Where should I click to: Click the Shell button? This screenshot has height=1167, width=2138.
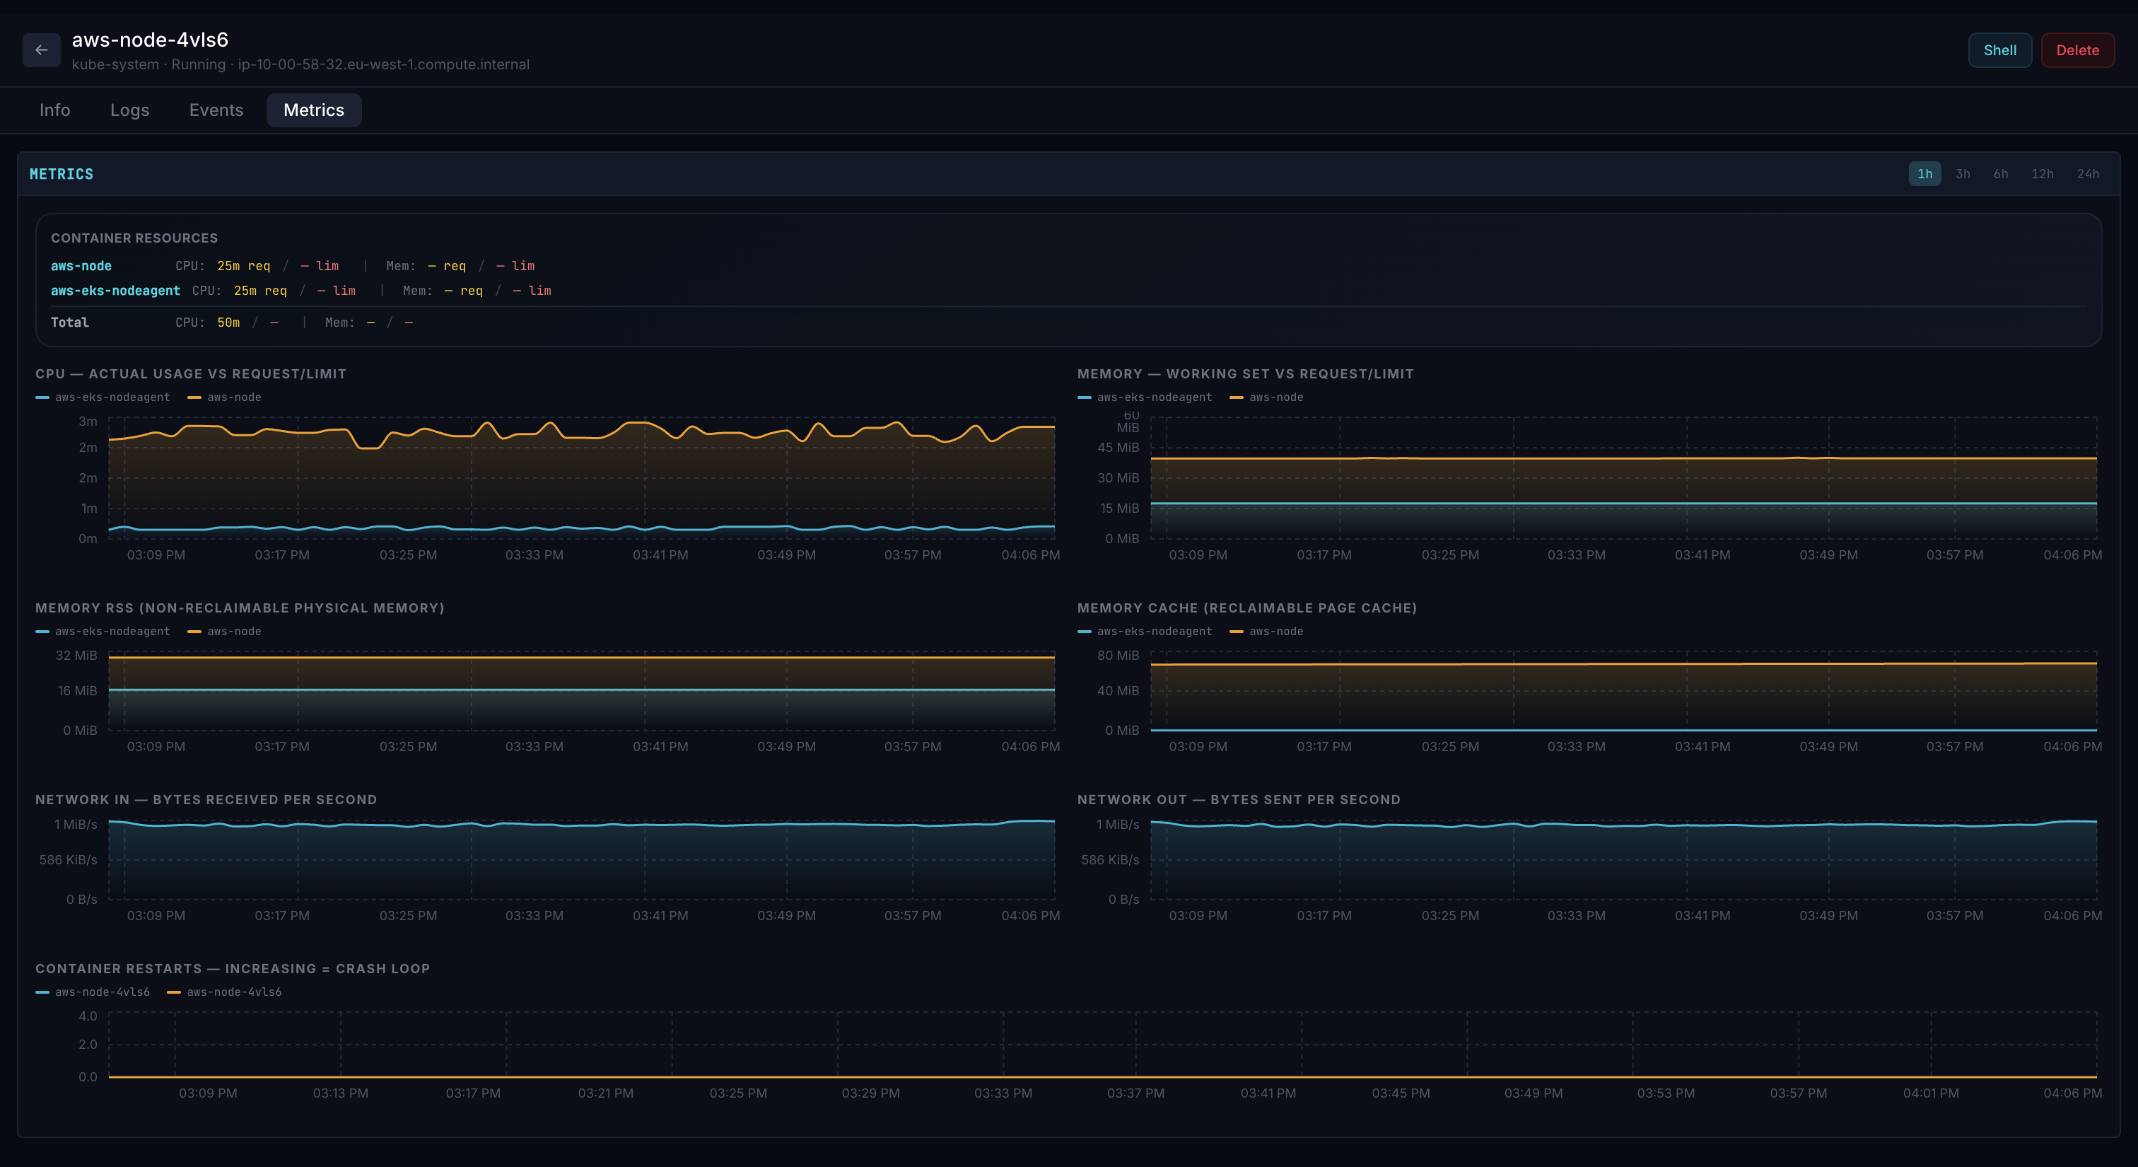[x=1999, y=50]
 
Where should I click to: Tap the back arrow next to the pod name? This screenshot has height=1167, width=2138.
[x=42, y=50]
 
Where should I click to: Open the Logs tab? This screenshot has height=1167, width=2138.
[x=129, y=110]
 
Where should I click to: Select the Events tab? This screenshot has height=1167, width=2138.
[x=216, y=110]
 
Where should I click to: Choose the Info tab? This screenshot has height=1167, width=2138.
[x=54, y=110]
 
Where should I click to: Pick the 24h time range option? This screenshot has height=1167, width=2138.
[x=2087, y=173]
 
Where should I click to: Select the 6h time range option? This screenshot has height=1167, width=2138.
[x=2000, y=173]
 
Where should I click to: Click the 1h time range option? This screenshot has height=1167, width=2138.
[x=1924, y=173]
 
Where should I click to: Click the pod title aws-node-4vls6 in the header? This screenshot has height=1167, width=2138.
[x=150, y=39]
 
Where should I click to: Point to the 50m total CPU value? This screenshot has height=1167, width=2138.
[x=228, y=322]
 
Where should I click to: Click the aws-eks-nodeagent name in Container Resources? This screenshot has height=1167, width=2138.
[x=115, y=291]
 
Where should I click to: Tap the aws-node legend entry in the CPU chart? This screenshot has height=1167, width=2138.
[x=233, y=397]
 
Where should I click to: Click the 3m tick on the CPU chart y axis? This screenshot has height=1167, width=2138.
[x=88, y=422]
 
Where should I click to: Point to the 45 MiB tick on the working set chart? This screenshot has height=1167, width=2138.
[x=1117, y=448]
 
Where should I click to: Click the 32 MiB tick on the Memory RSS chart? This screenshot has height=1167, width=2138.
[x=76, y=656]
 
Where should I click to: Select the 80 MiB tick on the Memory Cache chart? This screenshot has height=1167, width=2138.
[x=1117, y=656]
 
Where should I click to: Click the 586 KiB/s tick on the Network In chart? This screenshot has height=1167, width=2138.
[x=68, y=860]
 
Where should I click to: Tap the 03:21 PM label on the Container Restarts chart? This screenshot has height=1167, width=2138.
[x=605, y=1093]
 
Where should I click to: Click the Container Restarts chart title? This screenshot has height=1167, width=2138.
[x=233, y=969]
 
